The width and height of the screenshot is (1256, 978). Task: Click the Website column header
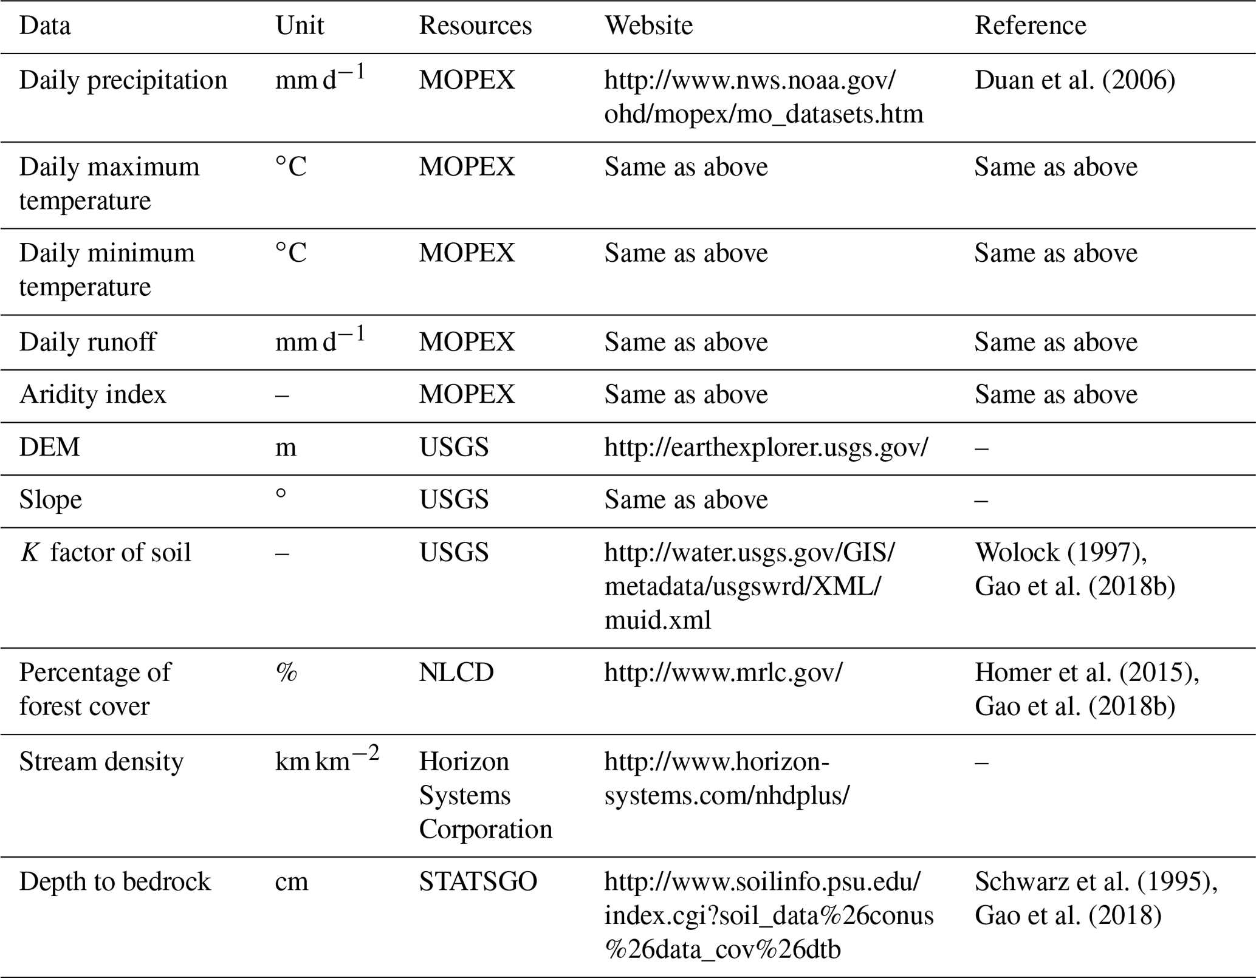coord(648,26)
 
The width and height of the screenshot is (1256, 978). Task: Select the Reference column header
coord(1030,26)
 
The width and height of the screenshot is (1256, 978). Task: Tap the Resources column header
coord(475,26)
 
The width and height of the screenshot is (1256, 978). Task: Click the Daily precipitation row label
coord(123,80)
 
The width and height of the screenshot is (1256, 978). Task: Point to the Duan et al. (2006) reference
coord(1074,80)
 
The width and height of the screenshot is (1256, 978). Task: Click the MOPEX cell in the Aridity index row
coord(466,394)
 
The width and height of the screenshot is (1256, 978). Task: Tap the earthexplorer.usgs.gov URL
coord(766,447)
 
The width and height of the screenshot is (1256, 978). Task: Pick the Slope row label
coord(50,500)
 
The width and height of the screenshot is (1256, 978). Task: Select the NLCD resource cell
coord(456,672)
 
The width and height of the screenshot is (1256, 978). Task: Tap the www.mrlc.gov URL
coord(722,672)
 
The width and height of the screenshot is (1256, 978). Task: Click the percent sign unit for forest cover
coord(286,672)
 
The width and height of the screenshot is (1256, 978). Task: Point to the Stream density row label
coord(101,762)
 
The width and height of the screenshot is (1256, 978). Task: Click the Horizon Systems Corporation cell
coord(485,795)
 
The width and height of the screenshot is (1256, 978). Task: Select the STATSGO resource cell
coord(478,881)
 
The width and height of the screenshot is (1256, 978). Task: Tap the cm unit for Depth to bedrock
coord(292,882)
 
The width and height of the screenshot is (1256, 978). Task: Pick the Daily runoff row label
coord(88,342)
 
